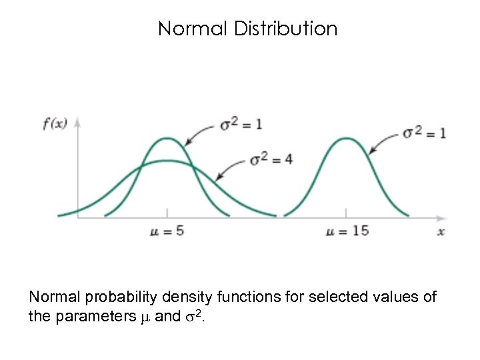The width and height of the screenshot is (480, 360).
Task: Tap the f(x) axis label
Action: pos(55,124)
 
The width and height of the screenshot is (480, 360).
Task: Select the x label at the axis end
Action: pos(441,231)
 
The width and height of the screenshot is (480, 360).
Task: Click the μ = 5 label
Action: pos(167,231)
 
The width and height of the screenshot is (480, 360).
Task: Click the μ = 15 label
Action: pos(347,231)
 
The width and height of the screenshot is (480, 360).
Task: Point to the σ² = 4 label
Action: pos(271,160)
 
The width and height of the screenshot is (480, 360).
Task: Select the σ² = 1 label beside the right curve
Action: pos(425,133)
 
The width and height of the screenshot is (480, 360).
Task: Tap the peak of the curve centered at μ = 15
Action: pos(346,139)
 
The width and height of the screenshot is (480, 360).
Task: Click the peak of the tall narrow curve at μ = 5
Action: pos(167,139)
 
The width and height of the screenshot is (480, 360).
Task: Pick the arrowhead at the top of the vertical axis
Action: pos(78,122)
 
